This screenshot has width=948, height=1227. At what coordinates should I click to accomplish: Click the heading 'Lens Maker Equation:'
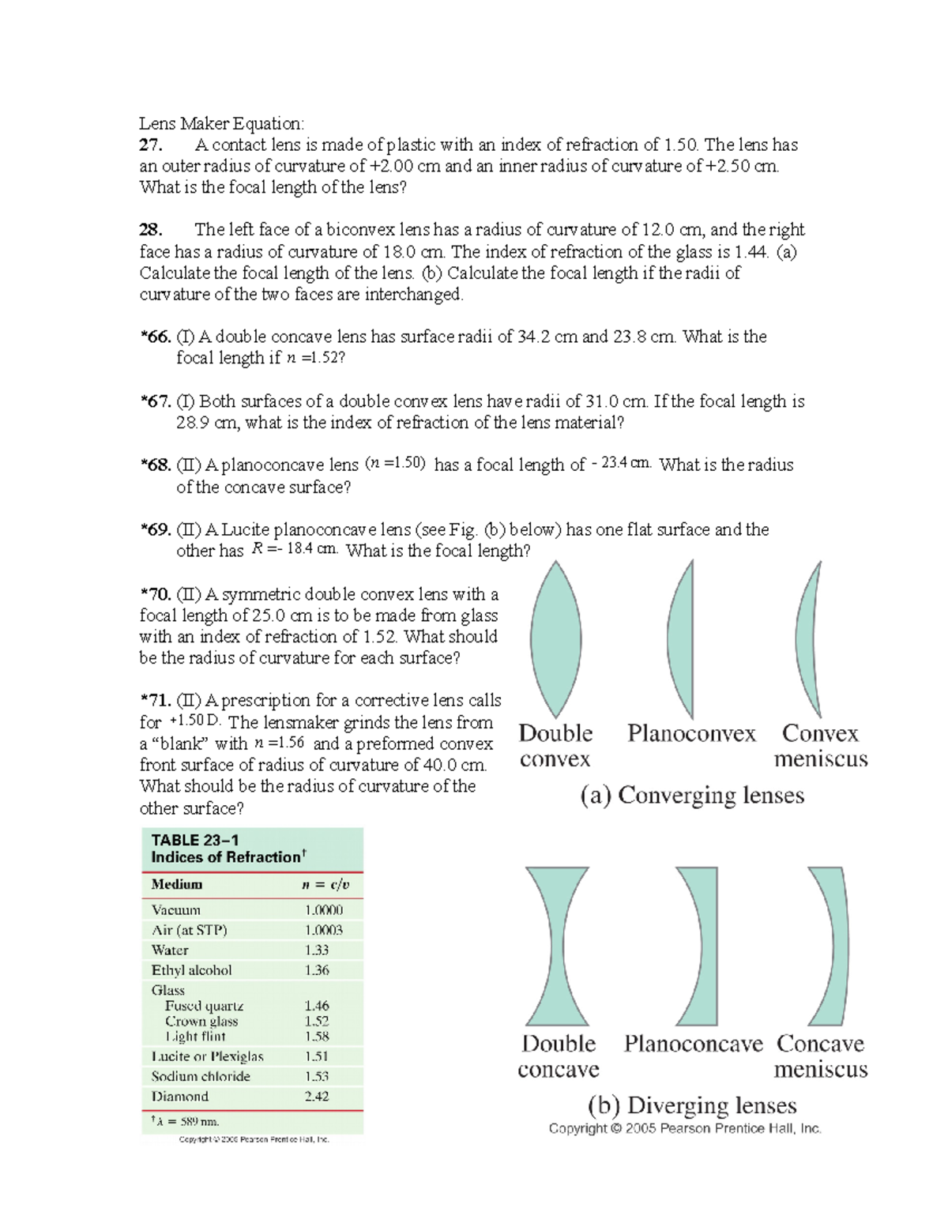coord(221,123)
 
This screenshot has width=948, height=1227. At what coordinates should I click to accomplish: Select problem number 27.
coord(150,145)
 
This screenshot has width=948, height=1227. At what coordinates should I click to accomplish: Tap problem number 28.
coord(150,230)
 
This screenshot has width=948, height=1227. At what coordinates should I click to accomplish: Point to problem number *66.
coord(156,337)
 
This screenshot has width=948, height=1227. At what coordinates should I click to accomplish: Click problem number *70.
coord(156,594)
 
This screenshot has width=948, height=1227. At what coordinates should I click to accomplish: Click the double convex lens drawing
coord(556,638)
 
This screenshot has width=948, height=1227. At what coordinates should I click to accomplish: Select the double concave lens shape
coord(557,946)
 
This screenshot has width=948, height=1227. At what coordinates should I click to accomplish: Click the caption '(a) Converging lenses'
coord(692,795)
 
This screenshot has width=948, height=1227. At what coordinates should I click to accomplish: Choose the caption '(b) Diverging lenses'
coord(692,1105)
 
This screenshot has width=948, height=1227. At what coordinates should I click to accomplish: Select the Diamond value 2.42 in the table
coord(317,1096)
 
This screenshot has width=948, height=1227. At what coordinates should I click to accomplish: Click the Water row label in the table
coord(170,950)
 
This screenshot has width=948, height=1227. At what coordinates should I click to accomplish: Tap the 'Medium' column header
coord(177,884)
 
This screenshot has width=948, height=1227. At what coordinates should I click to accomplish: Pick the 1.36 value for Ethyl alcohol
coord(317,969)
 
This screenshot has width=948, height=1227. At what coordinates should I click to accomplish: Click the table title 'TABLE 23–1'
coord(195,840)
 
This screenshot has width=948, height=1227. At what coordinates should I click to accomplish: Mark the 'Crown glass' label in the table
coord(201,1021)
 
